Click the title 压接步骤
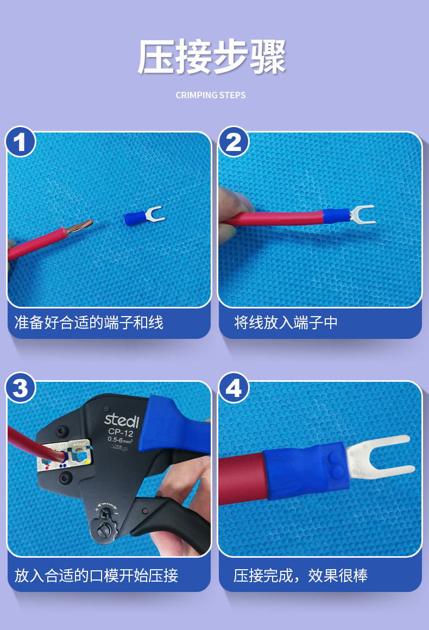pyautogui.click(x=211, y=56)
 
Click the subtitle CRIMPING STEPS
pyautogui.click(x=211, y=95)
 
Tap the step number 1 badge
pyautogui.click(x=21, y=142)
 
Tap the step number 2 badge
pyautogui.click(x=234, y=142)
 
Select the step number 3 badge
pyautogui.click(x=21, y=388)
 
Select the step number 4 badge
pyautogui.click(x=234, y=388)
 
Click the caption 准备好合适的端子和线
pyautogui.click(x=89, y=323)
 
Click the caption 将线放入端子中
pyautogui.click(x=286, y=323)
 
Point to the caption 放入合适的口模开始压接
pyautogui.click(x=97, y=575)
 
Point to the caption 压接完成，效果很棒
pyautogui.click(x=300, y=575)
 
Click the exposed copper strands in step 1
pyautogui.click(x=79, y=228)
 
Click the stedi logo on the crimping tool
pyautogui.click(x=122, y=420)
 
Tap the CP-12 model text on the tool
pyautogui.click(x=121, y=432)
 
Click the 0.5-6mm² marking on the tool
pyautogui.click(x=119, y=440)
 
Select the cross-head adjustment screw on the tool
pyautogui.click(x=107, y=513)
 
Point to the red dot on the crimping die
pyautogui.click(x=47, y=468)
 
